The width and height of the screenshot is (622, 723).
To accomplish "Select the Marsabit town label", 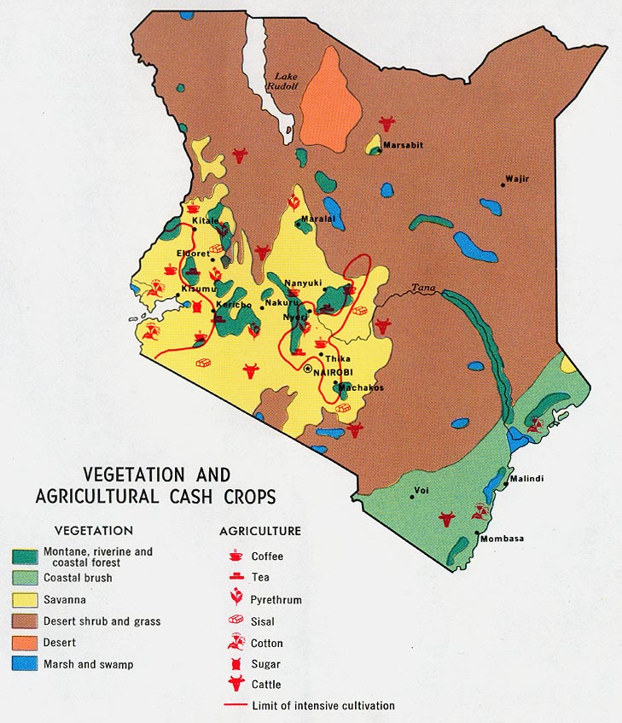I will click(402, 145).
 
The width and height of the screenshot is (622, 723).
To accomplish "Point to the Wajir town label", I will click(517, 178).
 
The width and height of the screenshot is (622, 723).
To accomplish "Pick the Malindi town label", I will click(527, 479).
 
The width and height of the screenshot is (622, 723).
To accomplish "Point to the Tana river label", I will click(422, 288).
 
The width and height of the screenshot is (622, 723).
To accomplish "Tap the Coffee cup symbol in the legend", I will click(235, 556).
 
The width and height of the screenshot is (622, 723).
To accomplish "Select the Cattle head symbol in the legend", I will click(235, 684).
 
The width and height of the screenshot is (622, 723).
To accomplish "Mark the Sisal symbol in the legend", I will click(235, 621).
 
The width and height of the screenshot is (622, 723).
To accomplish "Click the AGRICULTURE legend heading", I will click(260, 531).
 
